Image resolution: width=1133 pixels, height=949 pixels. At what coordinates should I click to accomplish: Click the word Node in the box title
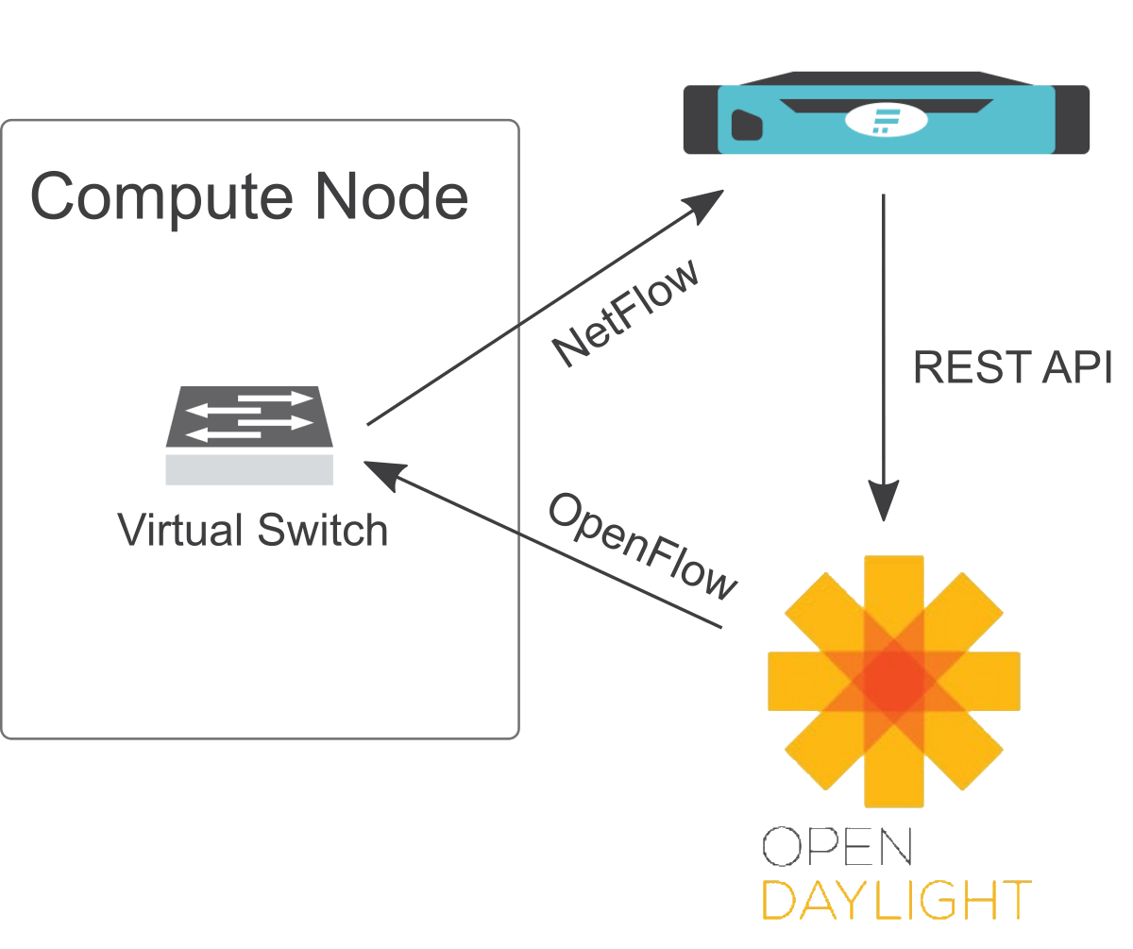click(x=393, y=197)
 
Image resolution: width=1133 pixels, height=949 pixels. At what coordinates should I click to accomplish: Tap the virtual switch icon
click(x=249, y=420)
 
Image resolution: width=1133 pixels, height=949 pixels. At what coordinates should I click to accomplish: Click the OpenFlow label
click(x=642, y=547)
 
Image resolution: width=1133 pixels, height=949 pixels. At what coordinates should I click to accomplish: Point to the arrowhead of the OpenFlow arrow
click(x=382, y=471)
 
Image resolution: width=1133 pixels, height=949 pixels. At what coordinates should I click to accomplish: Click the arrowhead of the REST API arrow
click(x=884, y=501)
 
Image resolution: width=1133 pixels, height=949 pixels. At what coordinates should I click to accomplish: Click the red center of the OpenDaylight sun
click(x=893, y=678)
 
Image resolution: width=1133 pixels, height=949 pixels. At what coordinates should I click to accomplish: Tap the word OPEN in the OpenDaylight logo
click(x=837, y=847)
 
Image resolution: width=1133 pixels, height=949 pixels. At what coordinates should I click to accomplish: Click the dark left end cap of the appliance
click(x=700, y=120)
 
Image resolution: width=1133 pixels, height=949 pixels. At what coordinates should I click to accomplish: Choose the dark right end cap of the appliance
click(x=1073, y=120)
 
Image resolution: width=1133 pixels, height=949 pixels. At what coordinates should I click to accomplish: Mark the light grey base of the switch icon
click(x=249, y=469)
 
